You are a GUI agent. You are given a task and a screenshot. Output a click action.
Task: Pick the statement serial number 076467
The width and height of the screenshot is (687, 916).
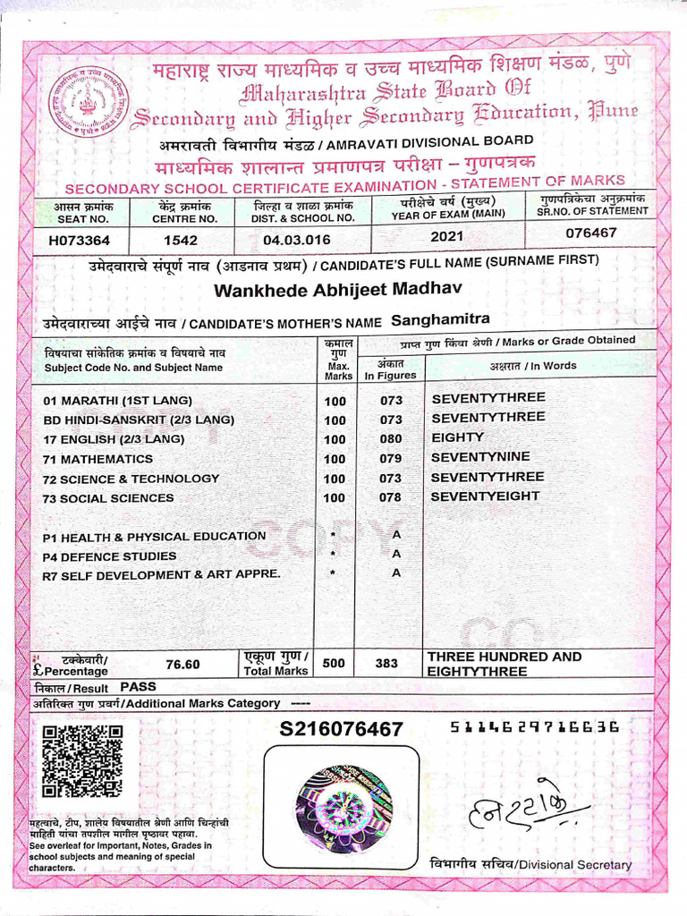click(x=591, y=233)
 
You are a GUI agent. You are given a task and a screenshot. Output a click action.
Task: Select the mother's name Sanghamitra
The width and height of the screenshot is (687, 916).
click(x=437, y=318)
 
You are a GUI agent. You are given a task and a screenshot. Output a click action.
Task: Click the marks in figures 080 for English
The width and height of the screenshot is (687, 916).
click(x=391, y=439)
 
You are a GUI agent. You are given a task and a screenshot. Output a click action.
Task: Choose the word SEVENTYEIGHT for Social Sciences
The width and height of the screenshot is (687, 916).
click(x=486, y=496)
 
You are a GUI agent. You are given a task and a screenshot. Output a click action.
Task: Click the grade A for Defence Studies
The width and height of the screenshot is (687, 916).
click(x=395, y=554)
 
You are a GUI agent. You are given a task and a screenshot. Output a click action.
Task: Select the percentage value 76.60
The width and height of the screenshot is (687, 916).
click(x=183, y=664)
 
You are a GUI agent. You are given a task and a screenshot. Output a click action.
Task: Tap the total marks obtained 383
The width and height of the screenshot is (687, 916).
click(x=386, y=664)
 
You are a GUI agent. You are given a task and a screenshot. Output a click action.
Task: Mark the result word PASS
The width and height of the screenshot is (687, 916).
click(x=138, y=687)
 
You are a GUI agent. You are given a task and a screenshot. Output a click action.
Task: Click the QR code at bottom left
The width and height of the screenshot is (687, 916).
click(x=82, y=760)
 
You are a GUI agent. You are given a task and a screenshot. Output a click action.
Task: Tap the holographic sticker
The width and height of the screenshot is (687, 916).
click(x=344, y=799)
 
